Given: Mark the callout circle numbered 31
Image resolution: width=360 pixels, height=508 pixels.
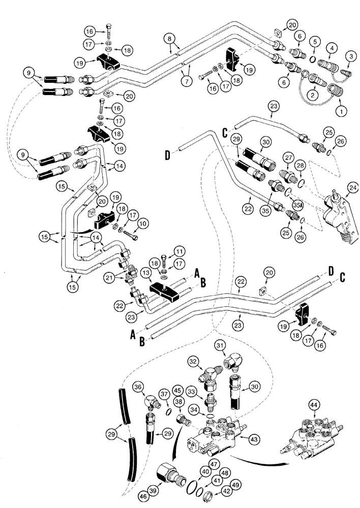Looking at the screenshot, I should click(x=231, y=346).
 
